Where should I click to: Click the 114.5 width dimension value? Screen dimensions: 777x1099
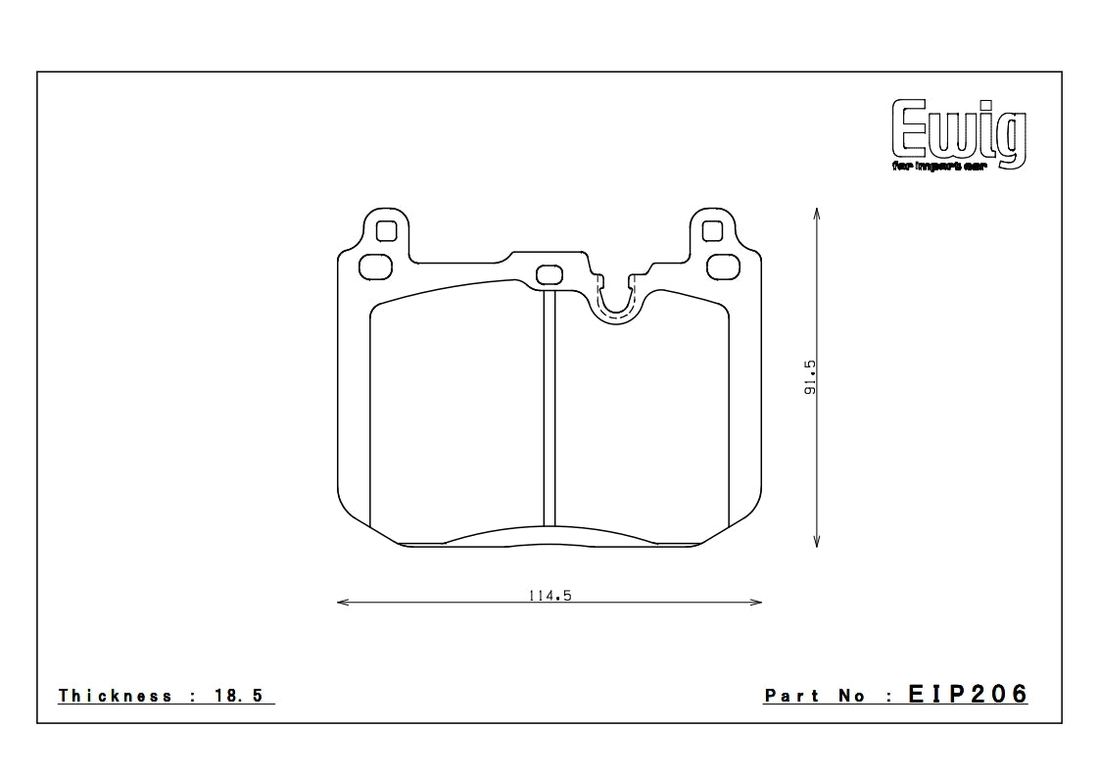pos(549,596)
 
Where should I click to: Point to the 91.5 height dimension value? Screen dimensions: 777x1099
pos(809,377)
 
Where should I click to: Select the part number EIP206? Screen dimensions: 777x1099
pos(968,695)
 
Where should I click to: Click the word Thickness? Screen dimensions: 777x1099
pos(116,696)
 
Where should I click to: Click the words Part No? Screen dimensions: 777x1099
pos(815,696)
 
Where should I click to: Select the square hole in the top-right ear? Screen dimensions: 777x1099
pos(712,231)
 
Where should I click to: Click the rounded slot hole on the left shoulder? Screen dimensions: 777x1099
pos(375,266)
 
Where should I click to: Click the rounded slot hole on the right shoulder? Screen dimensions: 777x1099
pos(723,266)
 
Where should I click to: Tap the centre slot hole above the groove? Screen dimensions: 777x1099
pos(549,273)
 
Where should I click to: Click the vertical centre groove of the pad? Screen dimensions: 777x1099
pos(549,412)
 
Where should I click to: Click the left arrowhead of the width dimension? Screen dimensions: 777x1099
pos(340,602)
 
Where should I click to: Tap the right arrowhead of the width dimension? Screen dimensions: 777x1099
pos(758,602)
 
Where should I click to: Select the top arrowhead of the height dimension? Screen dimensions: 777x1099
pos(817,210)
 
